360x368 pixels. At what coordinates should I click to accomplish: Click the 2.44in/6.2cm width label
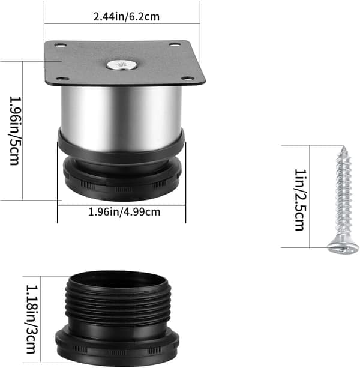(x=126, y=17)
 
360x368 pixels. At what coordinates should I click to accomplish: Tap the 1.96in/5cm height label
(x=14, y=131)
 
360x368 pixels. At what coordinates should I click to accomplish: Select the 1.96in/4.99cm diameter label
(x=124, y=212)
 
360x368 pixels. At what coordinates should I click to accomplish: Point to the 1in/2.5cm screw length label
(x=300, y=200)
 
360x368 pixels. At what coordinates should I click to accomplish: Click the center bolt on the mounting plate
(x=121, y=65)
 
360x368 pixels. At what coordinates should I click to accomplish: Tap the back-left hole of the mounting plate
(x=60, y=45)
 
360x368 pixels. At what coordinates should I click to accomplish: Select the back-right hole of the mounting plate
(x=175, y=44)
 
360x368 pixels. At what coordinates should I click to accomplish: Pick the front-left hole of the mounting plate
(x=63, y=79)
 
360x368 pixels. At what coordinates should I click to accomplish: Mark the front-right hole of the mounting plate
(x=188, y=79)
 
